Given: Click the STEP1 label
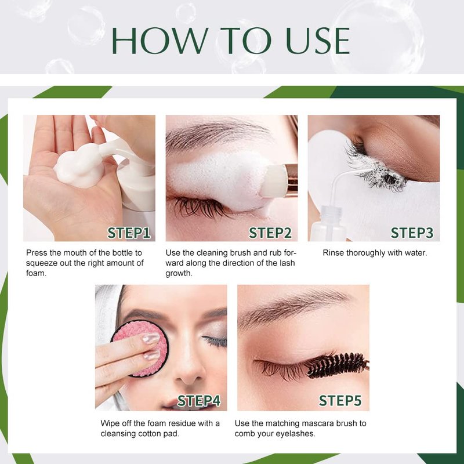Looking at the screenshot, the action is tap(129, 233).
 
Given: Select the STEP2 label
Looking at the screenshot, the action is tap(270, 233).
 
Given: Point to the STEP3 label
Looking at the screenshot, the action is tap(412, 233).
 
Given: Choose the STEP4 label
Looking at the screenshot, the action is tap(199, 401).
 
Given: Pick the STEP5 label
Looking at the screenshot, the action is tap(340, 401).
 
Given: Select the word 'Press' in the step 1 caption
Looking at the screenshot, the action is tap(37, 253).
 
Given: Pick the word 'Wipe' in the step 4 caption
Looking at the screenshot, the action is tap(110, 423).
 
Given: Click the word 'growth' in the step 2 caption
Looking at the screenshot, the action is tap(179, 273).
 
